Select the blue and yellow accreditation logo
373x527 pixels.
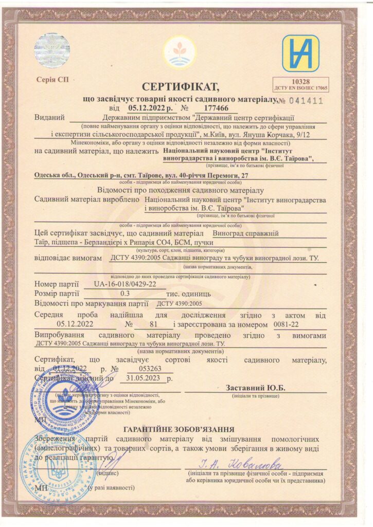tap(300, 53)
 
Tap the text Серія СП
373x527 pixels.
tap(52, 80)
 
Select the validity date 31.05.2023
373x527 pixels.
tap(144, 378)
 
